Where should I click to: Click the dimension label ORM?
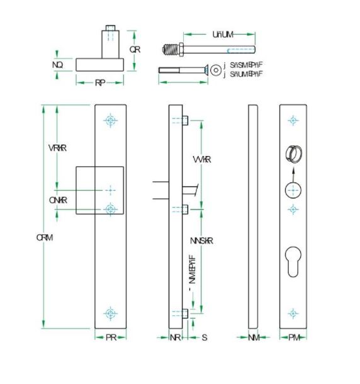coord(45,237)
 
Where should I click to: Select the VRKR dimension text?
coord(58,148)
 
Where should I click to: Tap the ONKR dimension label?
coord(58,200)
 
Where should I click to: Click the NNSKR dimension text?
coord(201,241)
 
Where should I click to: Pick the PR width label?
coord(111,338)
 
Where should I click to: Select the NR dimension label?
coord(176,338)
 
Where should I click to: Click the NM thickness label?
coord(254,338)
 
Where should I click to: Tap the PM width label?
coord(294,338)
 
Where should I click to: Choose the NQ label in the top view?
coord(57,65)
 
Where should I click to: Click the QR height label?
coord(135,50)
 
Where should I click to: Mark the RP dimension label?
coord(100,83)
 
